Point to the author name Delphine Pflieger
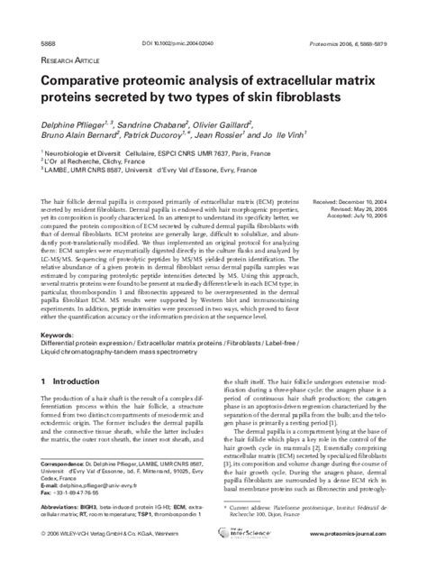tap(73, 120)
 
